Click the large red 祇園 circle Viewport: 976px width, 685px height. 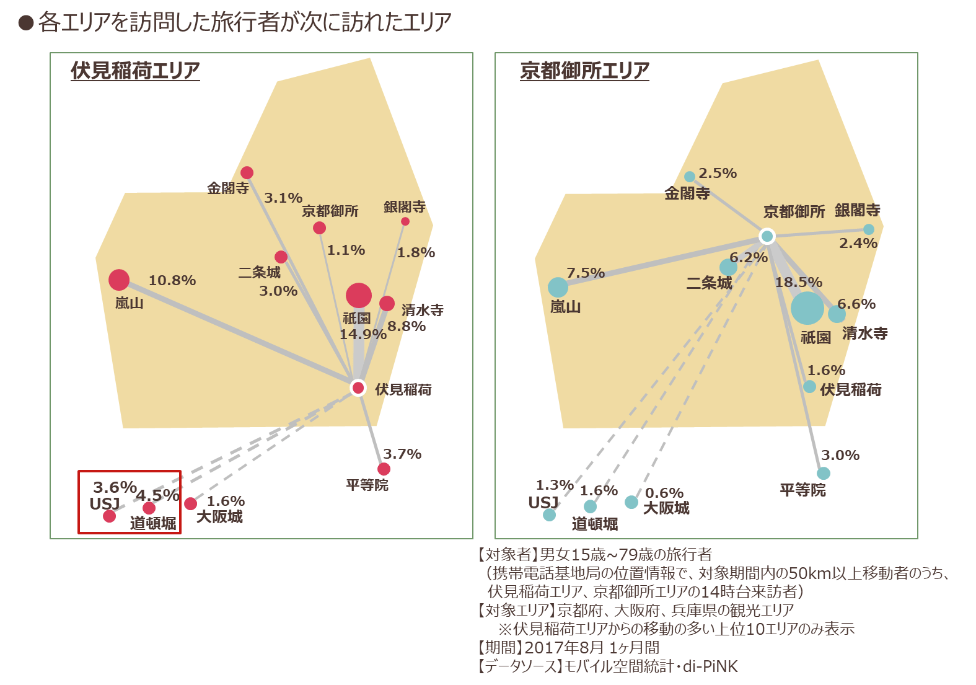[359, 295]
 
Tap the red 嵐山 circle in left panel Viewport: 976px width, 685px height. [119, 280]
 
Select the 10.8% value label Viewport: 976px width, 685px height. [172, 280]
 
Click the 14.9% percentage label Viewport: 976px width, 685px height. [363, 334]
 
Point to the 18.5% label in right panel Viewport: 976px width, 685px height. [798, 282]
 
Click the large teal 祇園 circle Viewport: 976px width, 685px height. [807, 308]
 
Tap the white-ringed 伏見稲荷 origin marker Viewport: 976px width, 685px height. [358, 387]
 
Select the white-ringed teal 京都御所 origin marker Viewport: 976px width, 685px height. [767, 236]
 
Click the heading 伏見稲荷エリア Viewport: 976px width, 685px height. [135, 71]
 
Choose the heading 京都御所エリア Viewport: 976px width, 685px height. [584, 71]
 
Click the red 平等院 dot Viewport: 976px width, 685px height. [384, 469]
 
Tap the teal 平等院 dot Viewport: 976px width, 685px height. [823, 473]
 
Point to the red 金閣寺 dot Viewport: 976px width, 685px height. [247, 172]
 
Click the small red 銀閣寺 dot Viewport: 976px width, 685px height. [405, 221]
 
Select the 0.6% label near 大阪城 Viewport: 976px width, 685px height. [664, 493]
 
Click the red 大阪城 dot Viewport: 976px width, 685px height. [190, 504]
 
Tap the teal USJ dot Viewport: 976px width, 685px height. [550, 515]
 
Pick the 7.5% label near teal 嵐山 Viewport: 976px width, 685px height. [586, 273]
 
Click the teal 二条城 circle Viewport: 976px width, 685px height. [728, 267]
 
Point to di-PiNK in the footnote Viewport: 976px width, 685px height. [710, 666]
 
